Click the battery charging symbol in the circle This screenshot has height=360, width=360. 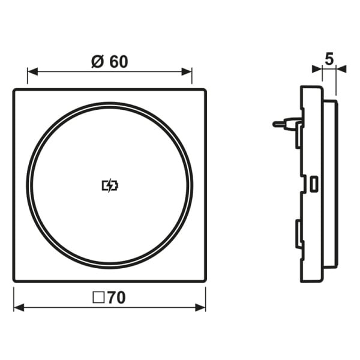click(110, 185)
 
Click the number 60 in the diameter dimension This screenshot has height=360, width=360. click(118, 62)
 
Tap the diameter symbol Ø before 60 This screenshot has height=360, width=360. click(98, 62)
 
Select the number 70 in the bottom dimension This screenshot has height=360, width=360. click(116, 298)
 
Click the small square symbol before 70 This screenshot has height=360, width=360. click(99, 298)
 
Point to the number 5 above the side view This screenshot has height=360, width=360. click(329, 59)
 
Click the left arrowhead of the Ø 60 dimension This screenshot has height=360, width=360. click(32, 71)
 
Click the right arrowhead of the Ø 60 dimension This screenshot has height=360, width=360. click(187, 71)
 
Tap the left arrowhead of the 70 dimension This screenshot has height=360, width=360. click(19, 307)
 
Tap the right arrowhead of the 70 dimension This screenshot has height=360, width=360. click(200, 307)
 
